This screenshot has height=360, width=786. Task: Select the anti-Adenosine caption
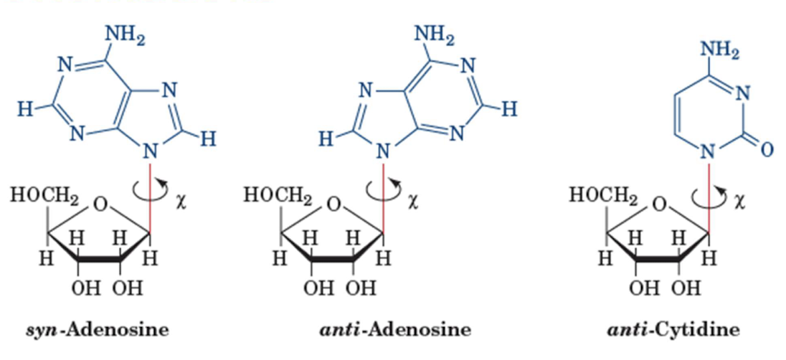(x=394, y=331)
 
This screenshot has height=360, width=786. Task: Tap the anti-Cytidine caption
(x=673, y=331)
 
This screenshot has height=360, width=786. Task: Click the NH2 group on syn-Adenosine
(x=125, y=34)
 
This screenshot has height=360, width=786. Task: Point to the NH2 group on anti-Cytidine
(x=721, y=49)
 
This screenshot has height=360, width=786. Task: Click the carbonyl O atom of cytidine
(x=765, y=150)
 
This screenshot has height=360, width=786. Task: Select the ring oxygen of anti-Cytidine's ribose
(x=660, y=207)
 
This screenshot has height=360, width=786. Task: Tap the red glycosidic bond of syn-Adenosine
(x=151, y=194)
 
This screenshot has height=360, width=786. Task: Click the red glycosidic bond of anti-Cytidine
(x=709, y=194)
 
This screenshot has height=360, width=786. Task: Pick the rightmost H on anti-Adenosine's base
(x=510, y=109)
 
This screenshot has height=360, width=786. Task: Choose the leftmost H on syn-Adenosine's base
(x=25, y=110)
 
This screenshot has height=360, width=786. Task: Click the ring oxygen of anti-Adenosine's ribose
(x=333, y=207)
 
